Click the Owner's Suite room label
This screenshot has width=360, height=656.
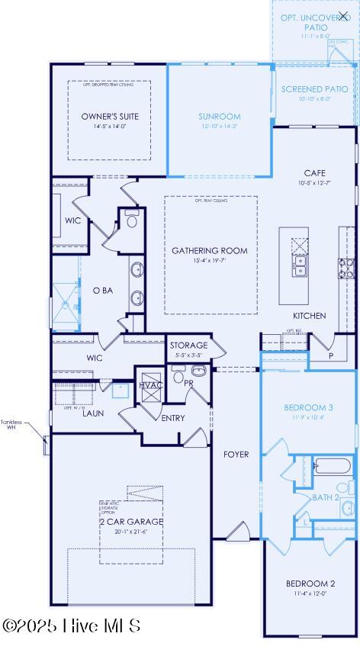coord(110,117)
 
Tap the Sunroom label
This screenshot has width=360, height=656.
coord(219,117)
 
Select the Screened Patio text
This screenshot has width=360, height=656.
coord(315,89)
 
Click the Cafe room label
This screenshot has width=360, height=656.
coord(314,173)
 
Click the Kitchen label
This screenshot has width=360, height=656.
coord(309,315)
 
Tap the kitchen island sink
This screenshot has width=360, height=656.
coord(300,265)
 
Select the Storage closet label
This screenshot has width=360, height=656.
coord(188,346)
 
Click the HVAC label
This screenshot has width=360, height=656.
coord(150,385)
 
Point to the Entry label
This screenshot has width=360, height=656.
coord(173,417)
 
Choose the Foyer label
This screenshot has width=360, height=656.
coord(236,454)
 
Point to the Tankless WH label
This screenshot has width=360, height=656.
coord(11,424)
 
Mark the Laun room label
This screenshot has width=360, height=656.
coord(93,413)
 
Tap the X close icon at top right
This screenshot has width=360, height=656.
coord(343,15)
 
